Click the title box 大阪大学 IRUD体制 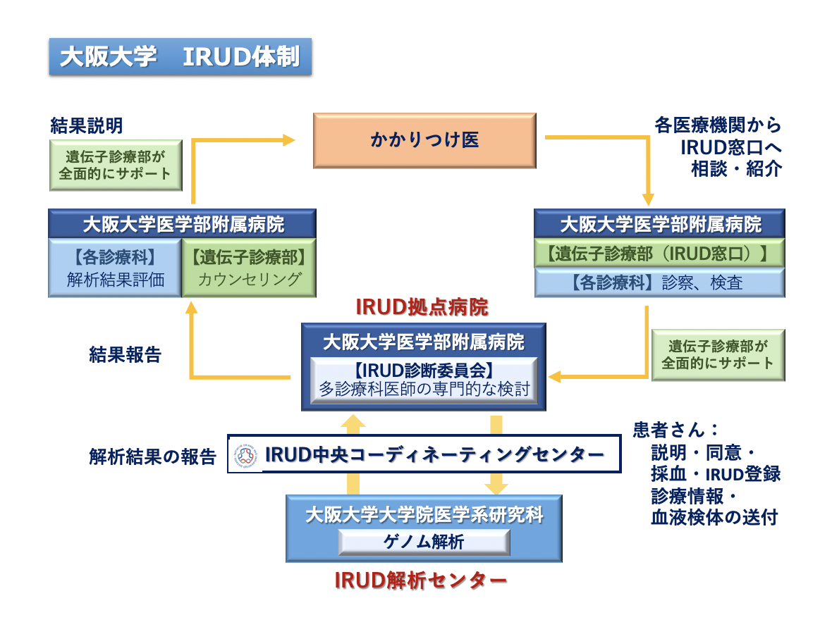click(180, 56)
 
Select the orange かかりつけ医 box click(424, 140)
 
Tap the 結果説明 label click(87, 125)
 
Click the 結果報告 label click(125, 354)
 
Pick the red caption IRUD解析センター click(420, 580)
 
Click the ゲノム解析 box click(424, 542)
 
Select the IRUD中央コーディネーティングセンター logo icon click(247, 454)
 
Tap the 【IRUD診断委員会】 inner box click(424, 380)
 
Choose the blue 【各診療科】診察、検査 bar click(659, 283)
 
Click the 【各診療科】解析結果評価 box click(116, 268)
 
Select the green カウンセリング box click(249, 268)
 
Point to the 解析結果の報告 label click(152, 456)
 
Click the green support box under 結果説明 click(116, 164)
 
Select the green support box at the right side click(718, 354)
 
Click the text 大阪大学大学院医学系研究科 click(424, 515)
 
